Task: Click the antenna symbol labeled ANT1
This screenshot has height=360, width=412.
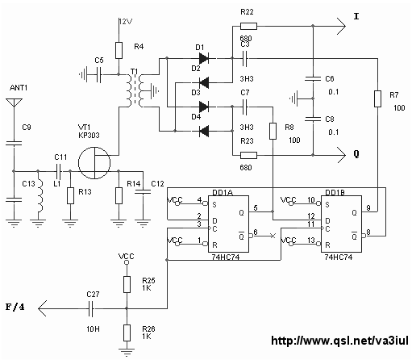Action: tap(14, 103)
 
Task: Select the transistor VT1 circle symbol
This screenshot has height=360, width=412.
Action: tap(94, 163)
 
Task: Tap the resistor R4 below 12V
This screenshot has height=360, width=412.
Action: tap(119, 50)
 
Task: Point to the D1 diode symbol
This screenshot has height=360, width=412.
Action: tap(204, 58)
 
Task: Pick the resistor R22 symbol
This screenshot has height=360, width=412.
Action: tap(248, 26)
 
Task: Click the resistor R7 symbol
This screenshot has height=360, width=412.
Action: tap(377, 98)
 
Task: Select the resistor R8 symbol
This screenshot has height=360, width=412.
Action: tap(273, 131)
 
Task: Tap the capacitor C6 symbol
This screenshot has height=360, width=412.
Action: tap(313, 78)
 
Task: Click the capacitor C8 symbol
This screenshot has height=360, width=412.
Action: tap(313, 119)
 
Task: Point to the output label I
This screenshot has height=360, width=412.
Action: tap(356, 16)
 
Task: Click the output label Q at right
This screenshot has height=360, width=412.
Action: tap(356, 154)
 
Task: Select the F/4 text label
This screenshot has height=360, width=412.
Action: tap(15, 307)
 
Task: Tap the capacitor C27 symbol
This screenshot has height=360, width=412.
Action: tap(91, 308)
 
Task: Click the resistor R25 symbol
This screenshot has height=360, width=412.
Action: tap(127, 284)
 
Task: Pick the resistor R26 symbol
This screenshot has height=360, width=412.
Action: tap(127, 333)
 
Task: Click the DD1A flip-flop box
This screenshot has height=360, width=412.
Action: tap(228, 224)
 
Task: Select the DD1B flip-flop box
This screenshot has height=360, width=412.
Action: tap(341, 224)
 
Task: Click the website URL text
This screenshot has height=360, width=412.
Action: tap(339, 341)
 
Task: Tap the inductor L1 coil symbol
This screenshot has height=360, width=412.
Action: tap(40, 195)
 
